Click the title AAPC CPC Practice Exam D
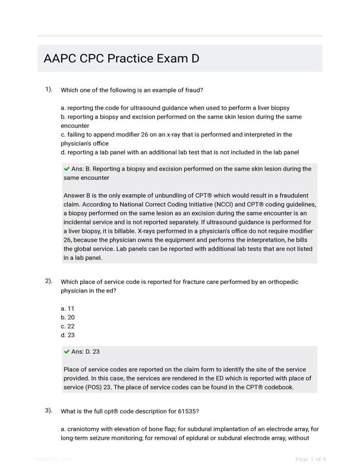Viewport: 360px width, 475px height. (121, 59)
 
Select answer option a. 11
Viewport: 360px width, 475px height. (68, 309)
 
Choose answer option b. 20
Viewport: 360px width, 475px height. (68, 318)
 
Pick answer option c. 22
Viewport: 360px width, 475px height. (68, 327)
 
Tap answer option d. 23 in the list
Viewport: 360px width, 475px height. (68, 335)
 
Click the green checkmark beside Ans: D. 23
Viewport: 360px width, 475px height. (67, 351)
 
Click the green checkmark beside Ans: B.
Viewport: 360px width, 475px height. (67, 169)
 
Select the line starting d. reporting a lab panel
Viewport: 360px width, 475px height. (179, 153)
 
